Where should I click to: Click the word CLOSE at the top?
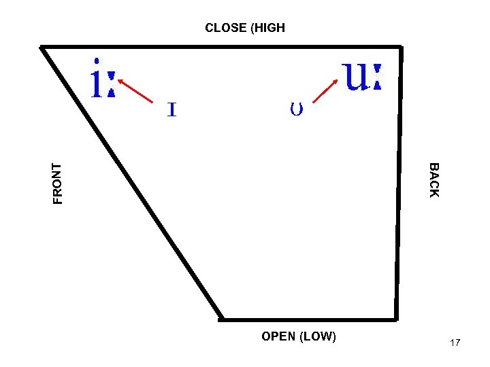(226, 29)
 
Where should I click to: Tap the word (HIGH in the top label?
(267, 29)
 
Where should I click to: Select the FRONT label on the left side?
(58, 183)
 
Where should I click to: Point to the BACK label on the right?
(434, 180)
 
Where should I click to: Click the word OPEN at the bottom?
(278, 336)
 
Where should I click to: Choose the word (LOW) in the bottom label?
(317, 336)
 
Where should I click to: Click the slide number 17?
(455, 343)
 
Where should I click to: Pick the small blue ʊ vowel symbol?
(296, 107)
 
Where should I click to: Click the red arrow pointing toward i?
(135, 91)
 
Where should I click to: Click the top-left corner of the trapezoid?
(42, 48)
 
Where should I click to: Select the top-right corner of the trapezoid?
(401, 48)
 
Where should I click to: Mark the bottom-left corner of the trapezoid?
(222, 318)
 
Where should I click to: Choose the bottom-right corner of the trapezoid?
(395, 318)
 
